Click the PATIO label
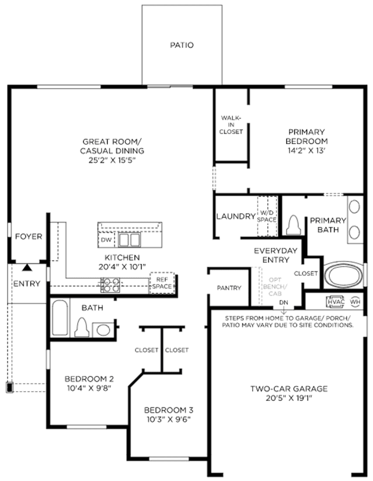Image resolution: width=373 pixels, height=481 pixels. [x=182, y=45]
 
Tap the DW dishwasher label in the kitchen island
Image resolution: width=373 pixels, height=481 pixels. [x=106, y=240]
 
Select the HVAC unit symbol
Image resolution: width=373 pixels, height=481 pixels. [x=336, y=302]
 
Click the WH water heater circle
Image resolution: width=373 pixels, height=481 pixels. [x=355, y=302]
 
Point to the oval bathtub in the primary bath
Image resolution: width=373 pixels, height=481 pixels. [x=343, y=275]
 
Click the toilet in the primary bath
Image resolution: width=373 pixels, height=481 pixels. [x=294, y=225]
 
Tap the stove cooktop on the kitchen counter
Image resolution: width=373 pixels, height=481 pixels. [x=110, y=285]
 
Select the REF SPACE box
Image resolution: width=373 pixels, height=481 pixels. [x=162, y=283]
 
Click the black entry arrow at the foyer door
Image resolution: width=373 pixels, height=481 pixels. [x=27, y=267]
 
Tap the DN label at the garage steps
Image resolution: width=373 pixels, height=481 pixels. [x=284, y=302]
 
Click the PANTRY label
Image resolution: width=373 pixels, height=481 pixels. [x=229, y=288]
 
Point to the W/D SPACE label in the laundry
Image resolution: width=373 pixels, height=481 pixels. [x=267, y=216]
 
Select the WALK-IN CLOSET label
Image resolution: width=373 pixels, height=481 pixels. [x=231, y=124]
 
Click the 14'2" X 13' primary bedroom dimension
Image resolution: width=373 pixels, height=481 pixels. [x=306, y=151]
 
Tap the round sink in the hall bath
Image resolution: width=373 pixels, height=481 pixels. [x=103, y=330]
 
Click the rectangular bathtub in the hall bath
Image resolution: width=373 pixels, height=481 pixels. [x=60, y=318]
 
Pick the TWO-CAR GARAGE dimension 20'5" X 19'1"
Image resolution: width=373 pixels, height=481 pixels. [x=289, y=398]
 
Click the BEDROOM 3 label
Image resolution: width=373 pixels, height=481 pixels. [x=169, y=410]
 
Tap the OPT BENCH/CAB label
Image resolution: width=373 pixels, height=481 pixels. [x=275, y=287]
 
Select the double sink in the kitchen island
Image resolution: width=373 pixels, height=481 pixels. [x=130, y=239]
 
